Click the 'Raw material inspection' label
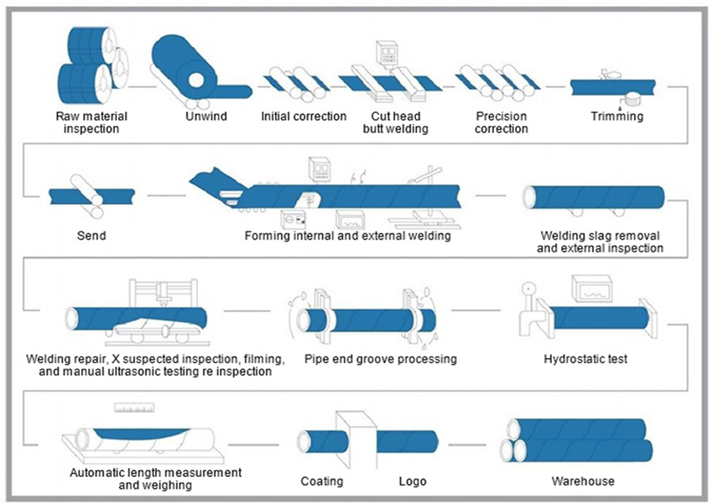tap(87, 122)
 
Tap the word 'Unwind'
tap(206, 117)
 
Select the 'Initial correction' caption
tap(304, 117)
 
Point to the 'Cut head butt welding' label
tap(395, 122)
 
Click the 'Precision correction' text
tap(501, 122)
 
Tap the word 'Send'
tap(91, 236)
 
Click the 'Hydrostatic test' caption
tap(585, 359)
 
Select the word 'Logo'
tap(412, 481)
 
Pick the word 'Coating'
tap(322, 481)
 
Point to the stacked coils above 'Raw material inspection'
tap(87, 64)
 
